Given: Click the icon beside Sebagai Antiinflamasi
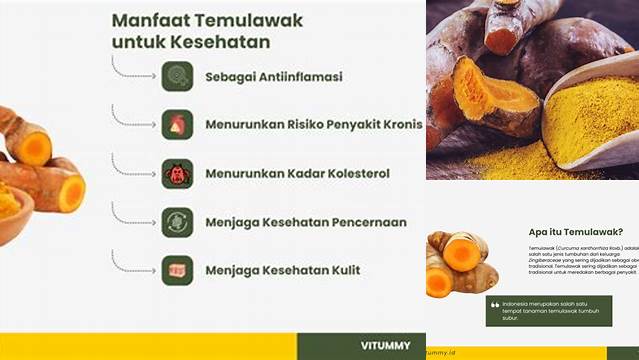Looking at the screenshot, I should tap(177, 76).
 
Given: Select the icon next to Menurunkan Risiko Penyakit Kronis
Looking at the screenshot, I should tap(177, 124).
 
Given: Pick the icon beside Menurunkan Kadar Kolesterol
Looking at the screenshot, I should tap(177, 172).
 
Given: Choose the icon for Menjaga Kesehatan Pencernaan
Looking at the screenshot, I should tap(177, 221).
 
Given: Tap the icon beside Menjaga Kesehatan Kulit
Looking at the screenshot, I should tap(177, 269).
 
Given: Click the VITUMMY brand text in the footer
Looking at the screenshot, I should tap(385, 345).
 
